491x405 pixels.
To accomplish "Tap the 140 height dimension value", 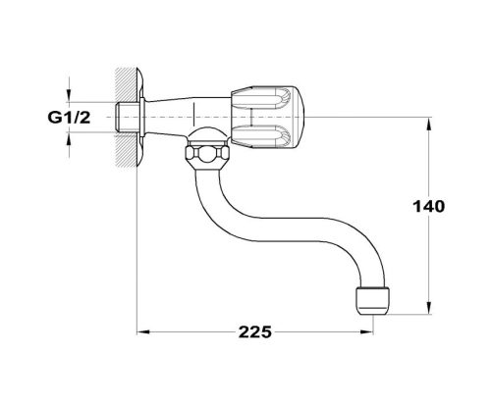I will [x=430, y=207].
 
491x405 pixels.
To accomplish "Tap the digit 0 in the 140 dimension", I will [x=442, y=207].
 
